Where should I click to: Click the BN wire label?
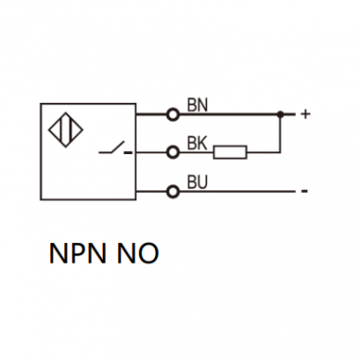[x=198, y=105]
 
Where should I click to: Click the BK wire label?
[x=197, y=143]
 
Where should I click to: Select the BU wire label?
[x=198, y=182]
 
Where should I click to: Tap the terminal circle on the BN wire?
[x=173, y=115]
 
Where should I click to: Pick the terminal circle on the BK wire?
[x=173, y=152]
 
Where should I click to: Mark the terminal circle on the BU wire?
[x=173, y=192]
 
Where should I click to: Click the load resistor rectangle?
[x=230, y=152]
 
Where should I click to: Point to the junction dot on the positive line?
[x=280, y=114]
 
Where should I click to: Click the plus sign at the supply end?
[x=305, y=114]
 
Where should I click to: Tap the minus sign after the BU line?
[x=304, y=191]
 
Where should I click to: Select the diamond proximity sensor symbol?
[x=66, y=130]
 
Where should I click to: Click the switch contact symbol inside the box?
[x=112, y=148]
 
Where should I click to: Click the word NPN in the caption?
[x=77, y=253]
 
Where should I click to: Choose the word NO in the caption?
[x=137, y=253]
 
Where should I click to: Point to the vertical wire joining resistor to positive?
[x=280, y=134]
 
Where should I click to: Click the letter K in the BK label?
[x=202, y=143]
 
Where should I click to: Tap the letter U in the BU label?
[x=202, y=182]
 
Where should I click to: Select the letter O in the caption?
[x=148, y=253]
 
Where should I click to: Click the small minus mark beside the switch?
[x=128, y=152]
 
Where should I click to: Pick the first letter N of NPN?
[x=58, y=253]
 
